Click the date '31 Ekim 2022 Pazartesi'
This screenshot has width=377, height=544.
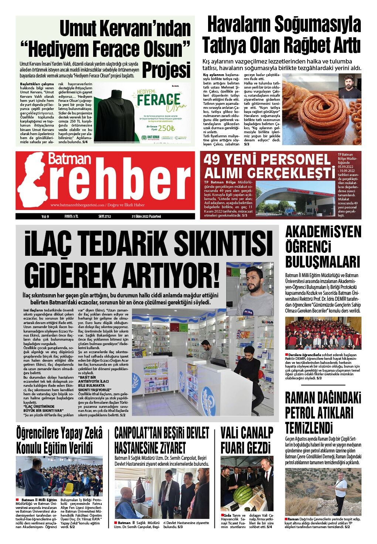[146, 217]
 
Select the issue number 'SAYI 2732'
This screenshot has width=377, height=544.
[105, 217]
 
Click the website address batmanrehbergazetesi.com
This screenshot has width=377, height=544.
[78, 205]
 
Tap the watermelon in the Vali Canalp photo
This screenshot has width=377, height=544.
[243, 494]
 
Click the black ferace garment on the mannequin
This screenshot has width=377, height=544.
[114, 114]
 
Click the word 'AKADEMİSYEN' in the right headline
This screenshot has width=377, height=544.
[323, 232]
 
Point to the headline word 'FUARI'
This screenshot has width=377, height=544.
[233, 448]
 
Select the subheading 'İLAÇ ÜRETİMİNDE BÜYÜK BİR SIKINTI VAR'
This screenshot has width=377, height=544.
[44, 408]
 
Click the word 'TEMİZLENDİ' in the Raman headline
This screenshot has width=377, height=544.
[309, 428]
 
